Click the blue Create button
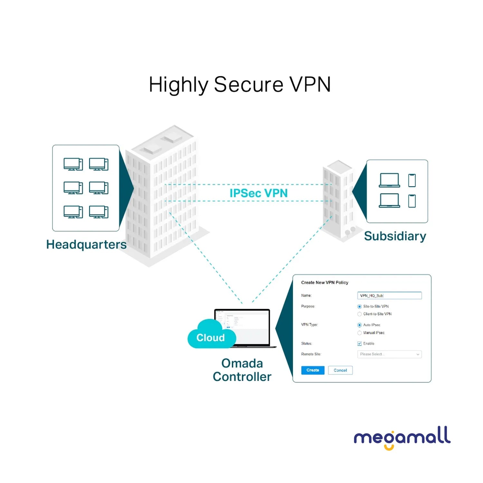point(312,370)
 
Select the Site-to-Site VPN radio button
point(359,307)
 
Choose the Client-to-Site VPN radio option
point(359,314)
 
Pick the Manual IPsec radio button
point(359,333)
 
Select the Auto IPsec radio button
point(359,325)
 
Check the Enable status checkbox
point(359,344)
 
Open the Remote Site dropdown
point(389,354)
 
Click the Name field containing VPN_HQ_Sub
point(389,296)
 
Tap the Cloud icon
point(211,335)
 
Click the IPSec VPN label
point(258,193)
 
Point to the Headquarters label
point(86,245)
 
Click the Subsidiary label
point(395,236)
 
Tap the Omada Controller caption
point(242,370)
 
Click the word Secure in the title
point(248,85)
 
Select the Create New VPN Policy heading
point(325,283)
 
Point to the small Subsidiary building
point(338,200)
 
